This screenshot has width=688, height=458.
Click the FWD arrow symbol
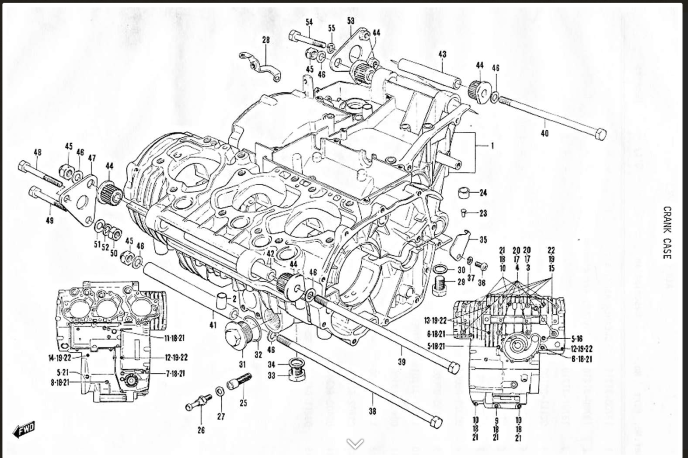click(24, 430)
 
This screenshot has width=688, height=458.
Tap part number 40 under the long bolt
click(544, 133)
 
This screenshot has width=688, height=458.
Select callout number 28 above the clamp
click(266, 40)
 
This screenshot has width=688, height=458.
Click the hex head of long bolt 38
click(436, 422)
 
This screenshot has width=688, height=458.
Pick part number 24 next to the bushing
click(483, 193)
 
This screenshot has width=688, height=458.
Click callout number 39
click(402, 361)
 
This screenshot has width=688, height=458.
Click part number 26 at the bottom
click(201, 430)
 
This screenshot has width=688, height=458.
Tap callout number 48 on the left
click(38, 153)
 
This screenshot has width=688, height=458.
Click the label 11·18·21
click(175, 338)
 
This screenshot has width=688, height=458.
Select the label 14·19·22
click(59, 357)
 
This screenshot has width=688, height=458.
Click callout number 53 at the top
click(351, 21)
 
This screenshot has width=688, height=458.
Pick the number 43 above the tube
click(442, 54)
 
